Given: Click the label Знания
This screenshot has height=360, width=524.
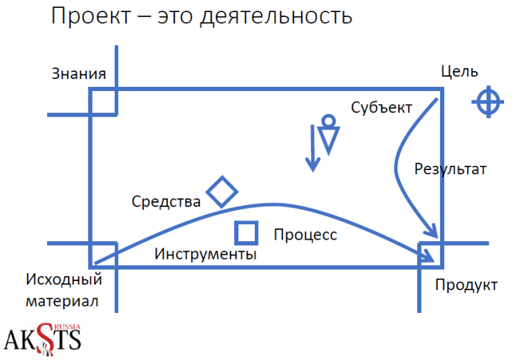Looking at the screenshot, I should pos(78,74).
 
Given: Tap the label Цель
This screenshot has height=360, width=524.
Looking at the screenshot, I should pos(459,71).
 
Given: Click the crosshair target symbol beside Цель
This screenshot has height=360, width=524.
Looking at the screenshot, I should pos(488,102).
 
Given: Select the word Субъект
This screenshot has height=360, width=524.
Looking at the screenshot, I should pos(381,107).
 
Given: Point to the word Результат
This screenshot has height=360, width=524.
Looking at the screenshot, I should pos(450,169).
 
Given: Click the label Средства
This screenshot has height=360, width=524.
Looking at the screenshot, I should pos(166,202).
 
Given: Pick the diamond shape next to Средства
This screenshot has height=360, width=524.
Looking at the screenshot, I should pos(222,191).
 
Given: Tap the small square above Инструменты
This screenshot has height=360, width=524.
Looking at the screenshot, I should pos(246,233).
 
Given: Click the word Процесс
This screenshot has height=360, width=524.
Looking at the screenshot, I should pos(305,235).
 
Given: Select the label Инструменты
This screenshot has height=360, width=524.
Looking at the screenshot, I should pos(206,254).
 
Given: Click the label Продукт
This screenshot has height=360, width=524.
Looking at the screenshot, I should pos(466,285).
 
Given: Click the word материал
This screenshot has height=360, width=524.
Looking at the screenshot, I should pos(61,300).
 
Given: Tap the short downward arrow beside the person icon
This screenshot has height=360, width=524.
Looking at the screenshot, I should pos(311,148).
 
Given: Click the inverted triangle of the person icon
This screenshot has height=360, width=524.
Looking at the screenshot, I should pos(328,140).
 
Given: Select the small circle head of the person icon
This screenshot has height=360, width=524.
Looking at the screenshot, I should pos(327,120).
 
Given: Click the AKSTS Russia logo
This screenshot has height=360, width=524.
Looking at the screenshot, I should pos(43,338).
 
